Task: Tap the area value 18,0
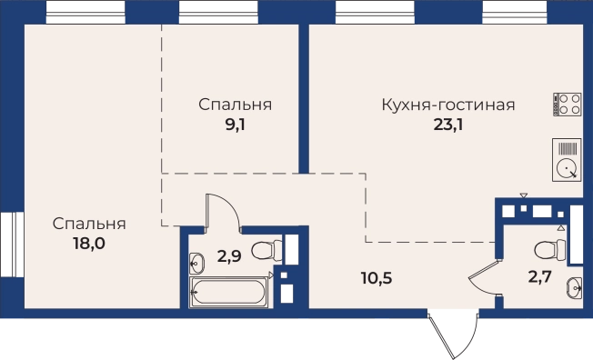(89, 244)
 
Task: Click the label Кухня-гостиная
(448, 105)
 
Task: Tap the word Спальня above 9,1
(235, 105)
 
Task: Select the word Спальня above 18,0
(89, 223)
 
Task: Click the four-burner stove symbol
(568, 105)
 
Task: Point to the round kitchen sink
(568, 168)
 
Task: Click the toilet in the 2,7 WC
(547, 248)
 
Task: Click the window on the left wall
(10, 243)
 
